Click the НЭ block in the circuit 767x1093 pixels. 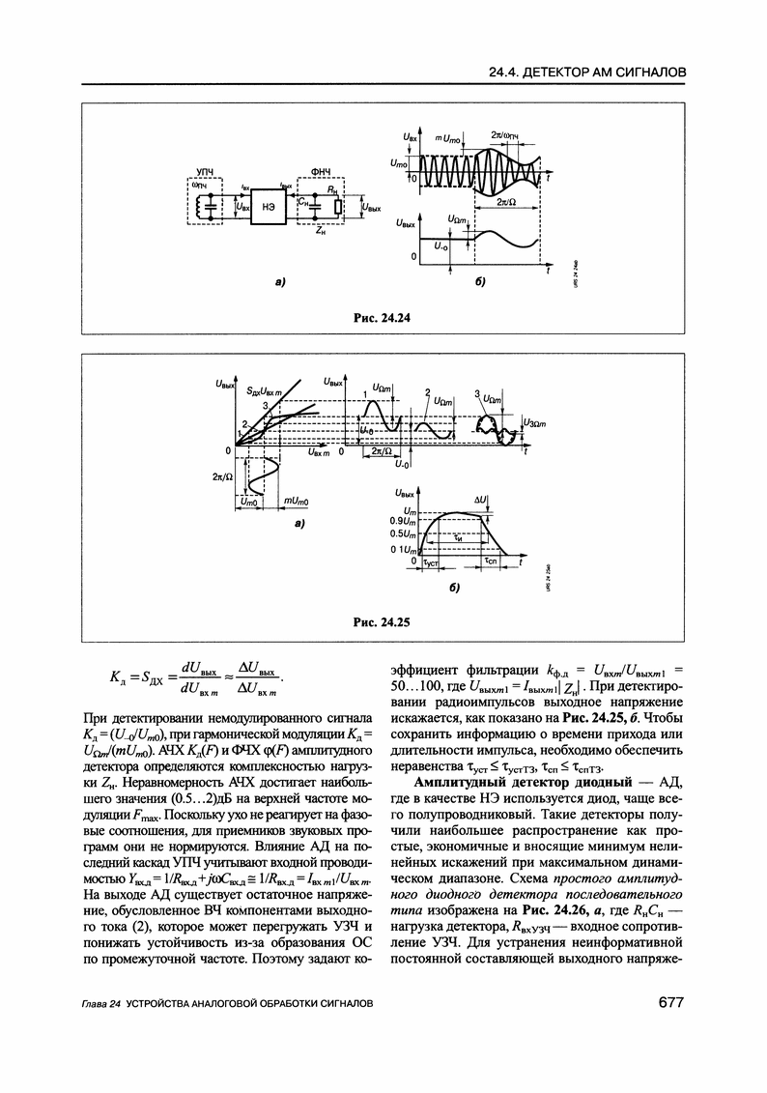click(x=269, y=206)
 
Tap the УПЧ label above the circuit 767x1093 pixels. click(x=205, y=171)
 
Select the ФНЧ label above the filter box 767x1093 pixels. click(x=322, y=171)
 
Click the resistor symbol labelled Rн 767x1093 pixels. click(x=336, y=206)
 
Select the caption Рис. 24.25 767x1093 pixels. click(x=383, y=623)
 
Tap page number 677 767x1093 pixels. click(x=670, y=1004)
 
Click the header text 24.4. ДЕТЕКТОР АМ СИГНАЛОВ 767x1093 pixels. click(x=588, y=72)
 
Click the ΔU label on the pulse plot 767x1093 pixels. click(x=480, y=499)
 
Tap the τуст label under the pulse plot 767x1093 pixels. click(x=431, y=561)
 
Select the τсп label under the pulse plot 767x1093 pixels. click(x=490, y=561)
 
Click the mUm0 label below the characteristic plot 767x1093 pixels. click(x=295, y=502)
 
